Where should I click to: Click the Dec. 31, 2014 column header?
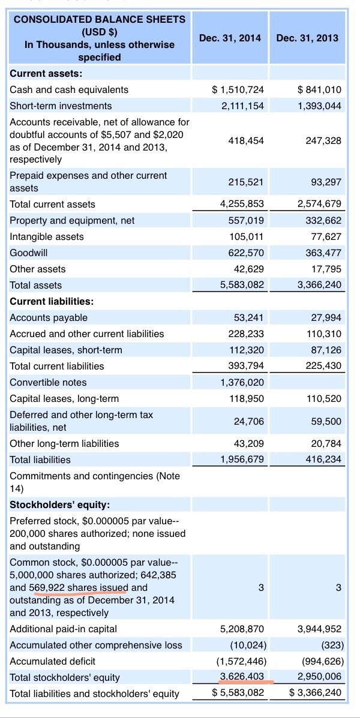coord(230,38)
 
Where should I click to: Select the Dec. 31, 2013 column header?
coord(307,38)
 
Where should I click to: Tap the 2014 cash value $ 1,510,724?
coord(238,89)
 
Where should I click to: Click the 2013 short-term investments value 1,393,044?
coord(319,106)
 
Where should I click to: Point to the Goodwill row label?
coord(29,253)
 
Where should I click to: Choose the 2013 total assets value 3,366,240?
coord(319,285)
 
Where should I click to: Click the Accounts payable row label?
coord(49,317)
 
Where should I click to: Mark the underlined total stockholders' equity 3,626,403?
coord(241,677)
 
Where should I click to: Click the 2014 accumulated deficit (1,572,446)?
coord(240,661)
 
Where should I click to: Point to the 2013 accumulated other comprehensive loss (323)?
coord(331,645)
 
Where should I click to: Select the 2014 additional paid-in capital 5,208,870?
coord(241,629)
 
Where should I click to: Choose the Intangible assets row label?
coord(47,236)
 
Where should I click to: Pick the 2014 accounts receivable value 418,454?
coord(246,140)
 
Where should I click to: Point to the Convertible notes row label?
coord(48,382)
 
